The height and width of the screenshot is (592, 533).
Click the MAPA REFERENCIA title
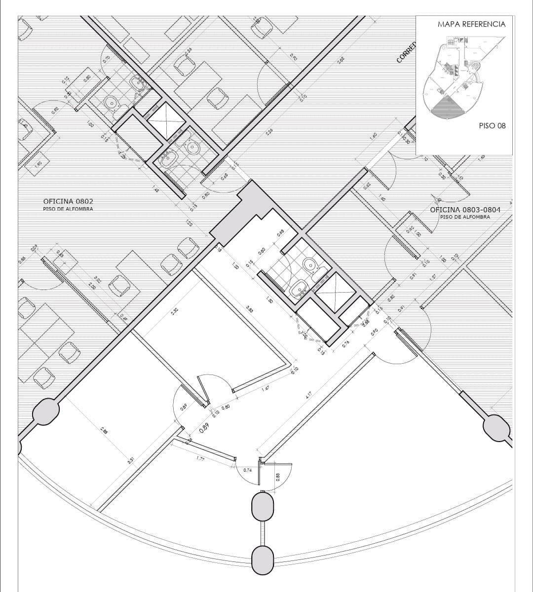pos(471,24)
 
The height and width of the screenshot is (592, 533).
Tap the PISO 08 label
pos(492,126)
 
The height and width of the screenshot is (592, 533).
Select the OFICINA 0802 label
pos(68,201)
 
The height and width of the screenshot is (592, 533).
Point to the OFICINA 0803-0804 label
pos(465,210)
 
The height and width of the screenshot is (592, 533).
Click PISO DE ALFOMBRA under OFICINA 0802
pos(68,209)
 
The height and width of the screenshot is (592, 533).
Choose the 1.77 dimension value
pos(200,459)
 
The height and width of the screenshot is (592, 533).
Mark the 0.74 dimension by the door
pos(248,470)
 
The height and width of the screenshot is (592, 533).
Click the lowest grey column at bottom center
pos(262,559)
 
